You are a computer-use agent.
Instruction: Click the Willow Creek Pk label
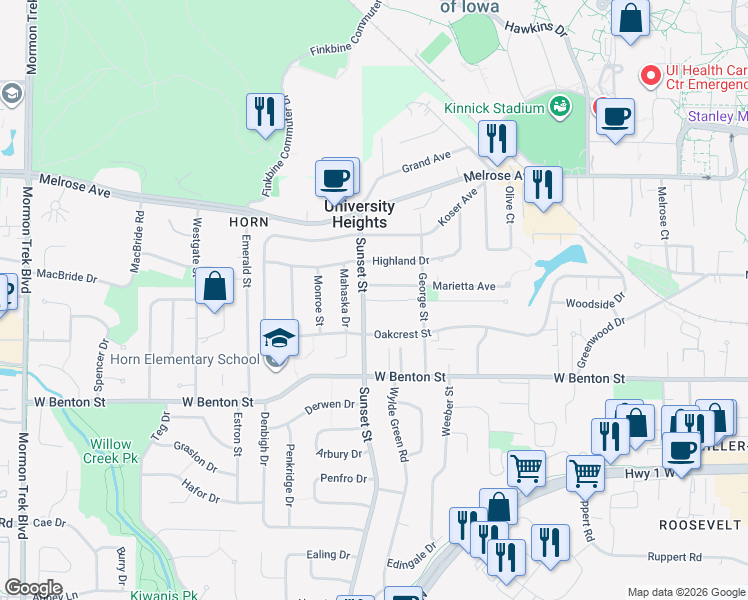(110, 451)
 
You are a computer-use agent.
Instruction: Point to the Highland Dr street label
(400, 261)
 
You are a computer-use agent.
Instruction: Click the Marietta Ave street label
(464, 286)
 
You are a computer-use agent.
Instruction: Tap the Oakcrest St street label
(402, 334)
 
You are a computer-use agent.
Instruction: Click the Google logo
(33, 588)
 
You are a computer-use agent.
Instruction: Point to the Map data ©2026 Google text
(685, 592)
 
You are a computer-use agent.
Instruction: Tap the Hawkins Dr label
(535, 29)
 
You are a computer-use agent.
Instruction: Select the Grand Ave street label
(426, 161)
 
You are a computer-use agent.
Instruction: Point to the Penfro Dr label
(344, 478)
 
